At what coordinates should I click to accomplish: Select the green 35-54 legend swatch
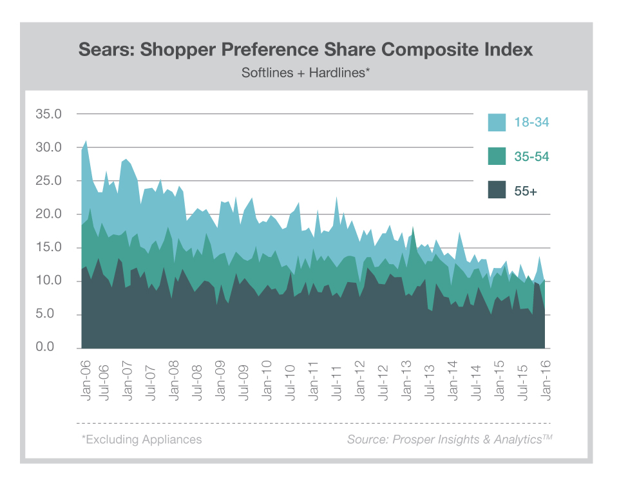(x=497, y=156)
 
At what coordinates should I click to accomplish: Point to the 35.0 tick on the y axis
(x=49, y=114)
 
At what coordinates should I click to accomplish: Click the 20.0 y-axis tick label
(x=49, y=214)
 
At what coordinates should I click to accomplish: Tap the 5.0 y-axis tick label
(x=52, y=314)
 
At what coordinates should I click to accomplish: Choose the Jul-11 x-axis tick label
(x=337, y=381)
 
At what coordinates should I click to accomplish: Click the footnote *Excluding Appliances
(x=141, y=440)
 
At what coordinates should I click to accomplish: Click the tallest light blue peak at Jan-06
(x=86, y=143)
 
